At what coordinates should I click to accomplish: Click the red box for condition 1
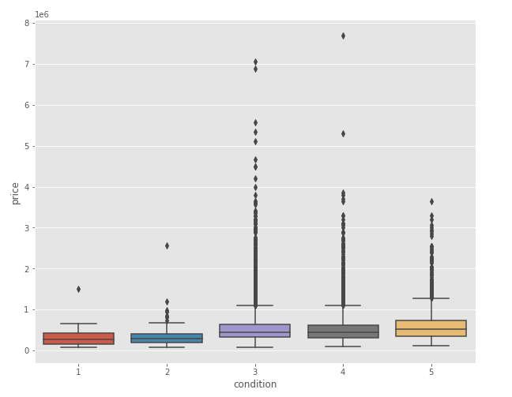(x=78, y=339)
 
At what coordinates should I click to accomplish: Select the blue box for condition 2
(x=167, y=338)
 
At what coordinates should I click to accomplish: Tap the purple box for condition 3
(x=255, y=331)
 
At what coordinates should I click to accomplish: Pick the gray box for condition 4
(x=343, y=331)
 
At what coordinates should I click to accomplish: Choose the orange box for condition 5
(x=431, y=328)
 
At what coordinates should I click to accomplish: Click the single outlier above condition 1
(x=78, y=289)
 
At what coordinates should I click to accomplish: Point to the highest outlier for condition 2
(x=167, y=245)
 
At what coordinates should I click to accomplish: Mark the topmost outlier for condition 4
(x=343, y=36)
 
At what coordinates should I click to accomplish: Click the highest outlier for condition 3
(x=255, y=62)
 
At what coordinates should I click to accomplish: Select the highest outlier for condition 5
(x=431, y=201)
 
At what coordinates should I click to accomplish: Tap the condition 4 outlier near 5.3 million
(x=343, y=133)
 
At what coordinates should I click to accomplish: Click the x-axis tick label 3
(x=255, y=371)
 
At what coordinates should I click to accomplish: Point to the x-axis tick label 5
(x=431, y=371)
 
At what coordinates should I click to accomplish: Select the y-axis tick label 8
(x=27, y=23)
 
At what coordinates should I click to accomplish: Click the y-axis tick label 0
(x=27, y=350)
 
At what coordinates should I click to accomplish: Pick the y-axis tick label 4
(x=27, y=187)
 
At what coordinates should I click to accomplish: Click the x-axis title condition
(x=255, y=384)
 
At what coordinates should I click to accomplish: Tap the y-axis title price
(x=15, y=193)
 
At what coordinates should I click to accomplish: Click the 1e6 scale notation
(x=42, y=14)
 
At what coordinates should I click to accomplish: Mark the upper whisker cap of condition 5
(x=431, y=298)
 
